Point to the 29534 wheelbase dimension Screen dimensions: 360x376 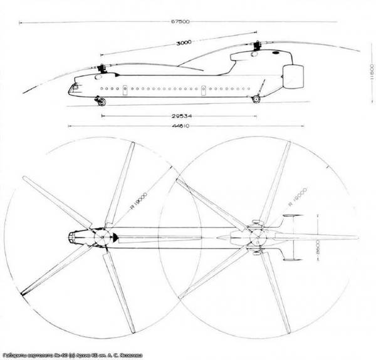point(180,116)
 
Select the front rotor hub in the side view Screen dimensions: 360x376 point(101,66)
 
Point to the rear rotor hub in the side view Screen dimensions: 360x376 point(258,46)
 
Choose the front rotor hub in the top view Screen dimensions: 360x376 point(98,237)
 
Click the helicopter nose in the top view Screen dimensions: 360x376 point(70,237)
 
